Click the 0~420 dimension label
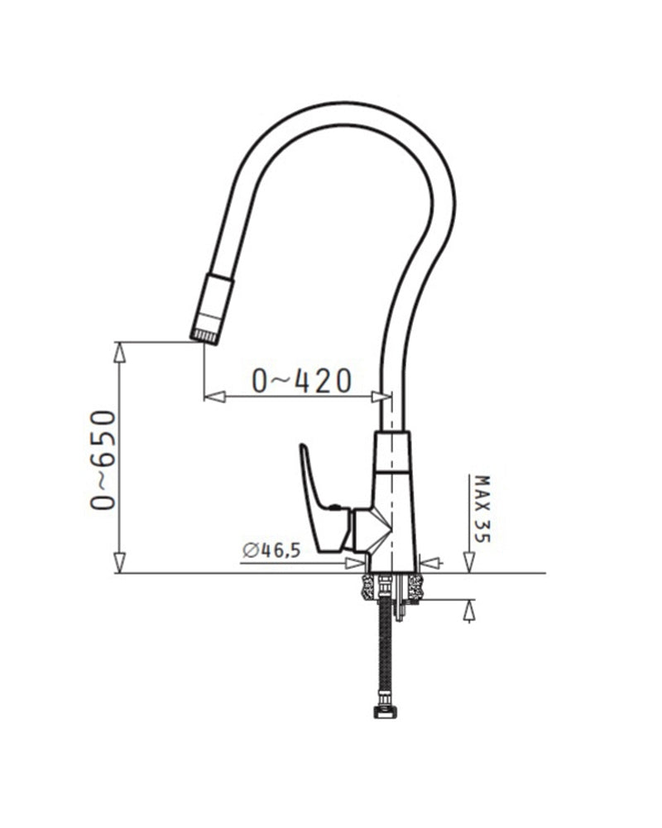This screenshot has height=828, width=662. click(x=301, y=380)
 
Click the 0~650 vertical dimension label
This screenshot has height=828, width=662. click(x=103, y=460)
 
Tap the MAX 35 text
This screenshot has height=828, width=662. click(x=482, y=509)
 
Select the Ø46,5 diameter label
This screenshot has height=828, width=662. click(x=272, y=551)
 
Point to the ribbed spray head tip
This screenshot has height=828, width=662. click(x=204, y=336)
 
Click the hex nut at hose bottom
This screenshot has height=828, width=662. click(x=385, y=713)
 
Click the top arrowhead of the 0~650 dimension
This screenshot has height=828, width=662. click(x=120, y=351)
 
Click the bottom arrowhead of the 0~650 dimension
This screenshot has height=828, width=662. click(x=120, y=563)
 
